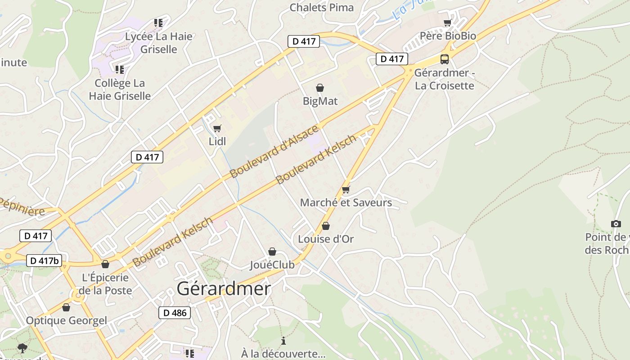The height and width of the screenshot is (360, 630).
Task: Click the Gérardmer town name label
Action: click(x=224, y=289)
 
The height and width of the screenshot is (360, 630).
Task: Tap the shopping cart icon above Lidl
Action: click(x=217, y=128)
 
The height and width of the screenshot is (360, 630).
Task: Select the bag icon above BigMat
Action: click(x=320, y=87)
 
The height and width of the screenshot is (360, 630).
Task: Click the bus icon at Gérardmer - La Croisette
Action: click(x=444, y=59)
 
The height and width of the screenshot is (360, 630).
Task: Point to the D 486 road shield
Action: click(x=175, y=313)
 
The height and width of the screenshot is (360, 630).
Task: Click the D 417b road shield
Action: click(x=44, y=261)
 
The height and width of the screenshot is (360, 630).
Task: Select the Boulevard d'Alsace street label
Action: click(x=274, y=152)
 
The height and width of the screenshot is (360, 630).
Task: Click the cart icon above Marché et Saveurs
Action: click(x=346, y=189)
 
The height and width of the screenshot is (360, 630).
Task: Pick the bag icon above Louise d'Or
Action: click(x=326, y=225)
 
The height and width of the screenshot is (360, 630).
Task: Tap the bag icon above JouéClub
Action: click(x=272, y=251)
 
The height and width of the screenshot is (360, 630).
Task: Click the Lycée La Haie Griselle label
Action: click(x=159, y=43)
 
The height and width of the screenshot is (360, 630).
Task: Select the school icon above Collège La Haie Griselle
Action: click(x=119, y=69)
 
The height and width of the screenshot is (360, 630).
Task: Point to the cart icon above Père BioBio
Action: click(x=447, y=22)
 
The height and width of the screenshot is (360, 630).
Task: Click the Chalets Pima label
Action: click(x=321, y=7)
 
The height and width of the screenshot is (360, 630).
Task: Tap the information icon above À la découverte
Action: click(x=283, y=341)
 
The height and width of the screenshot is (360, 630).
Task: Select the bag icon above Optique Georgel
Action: click(x=66, y=307)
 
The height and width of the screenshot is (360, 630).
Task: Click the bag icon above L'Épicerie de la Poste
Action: click(x=105, y=264)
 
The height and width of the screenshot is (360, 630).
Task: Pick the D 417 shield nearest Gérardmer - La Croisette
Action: click(x=391, y=59)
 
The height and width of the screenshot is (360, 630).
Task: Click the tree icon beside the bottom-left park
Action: click(x=22, y=347)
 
